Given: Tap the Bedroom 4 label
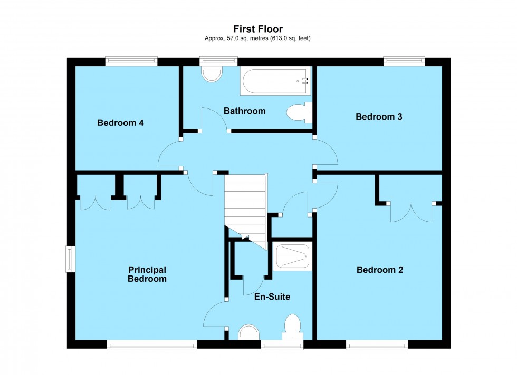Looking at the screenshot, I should click(x=120, y=123).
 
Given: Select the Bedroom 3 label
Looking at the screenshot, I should click(x=379, y=117).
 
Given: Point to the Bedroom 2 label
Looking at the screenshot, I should click(x=380, y=270).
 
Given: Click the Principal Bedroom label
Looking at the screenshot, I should click(x=147, y=274).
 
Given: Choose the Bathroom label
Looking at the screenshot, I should click(x=244, y=111).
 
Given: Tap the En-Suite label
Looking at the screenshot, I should click(x=272, y=297).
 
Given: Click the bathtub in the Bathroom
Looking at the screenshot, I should click(x=275, y=81).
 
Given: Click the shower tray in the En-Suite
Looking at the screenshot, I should click(x=292, y=256).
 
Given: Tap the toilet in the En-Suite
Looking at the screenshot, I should click(x=292, y=327).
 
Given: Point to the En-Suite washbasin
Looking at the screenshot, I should click(x=249, y=332).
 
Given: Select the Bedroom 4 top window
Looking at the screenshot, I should click(x=131, y=61).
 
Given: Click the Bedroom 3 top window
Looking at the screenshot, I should click(x=404, y=61).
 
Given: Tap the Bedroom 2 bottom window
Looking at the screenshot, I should click(x=377, y=345).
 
